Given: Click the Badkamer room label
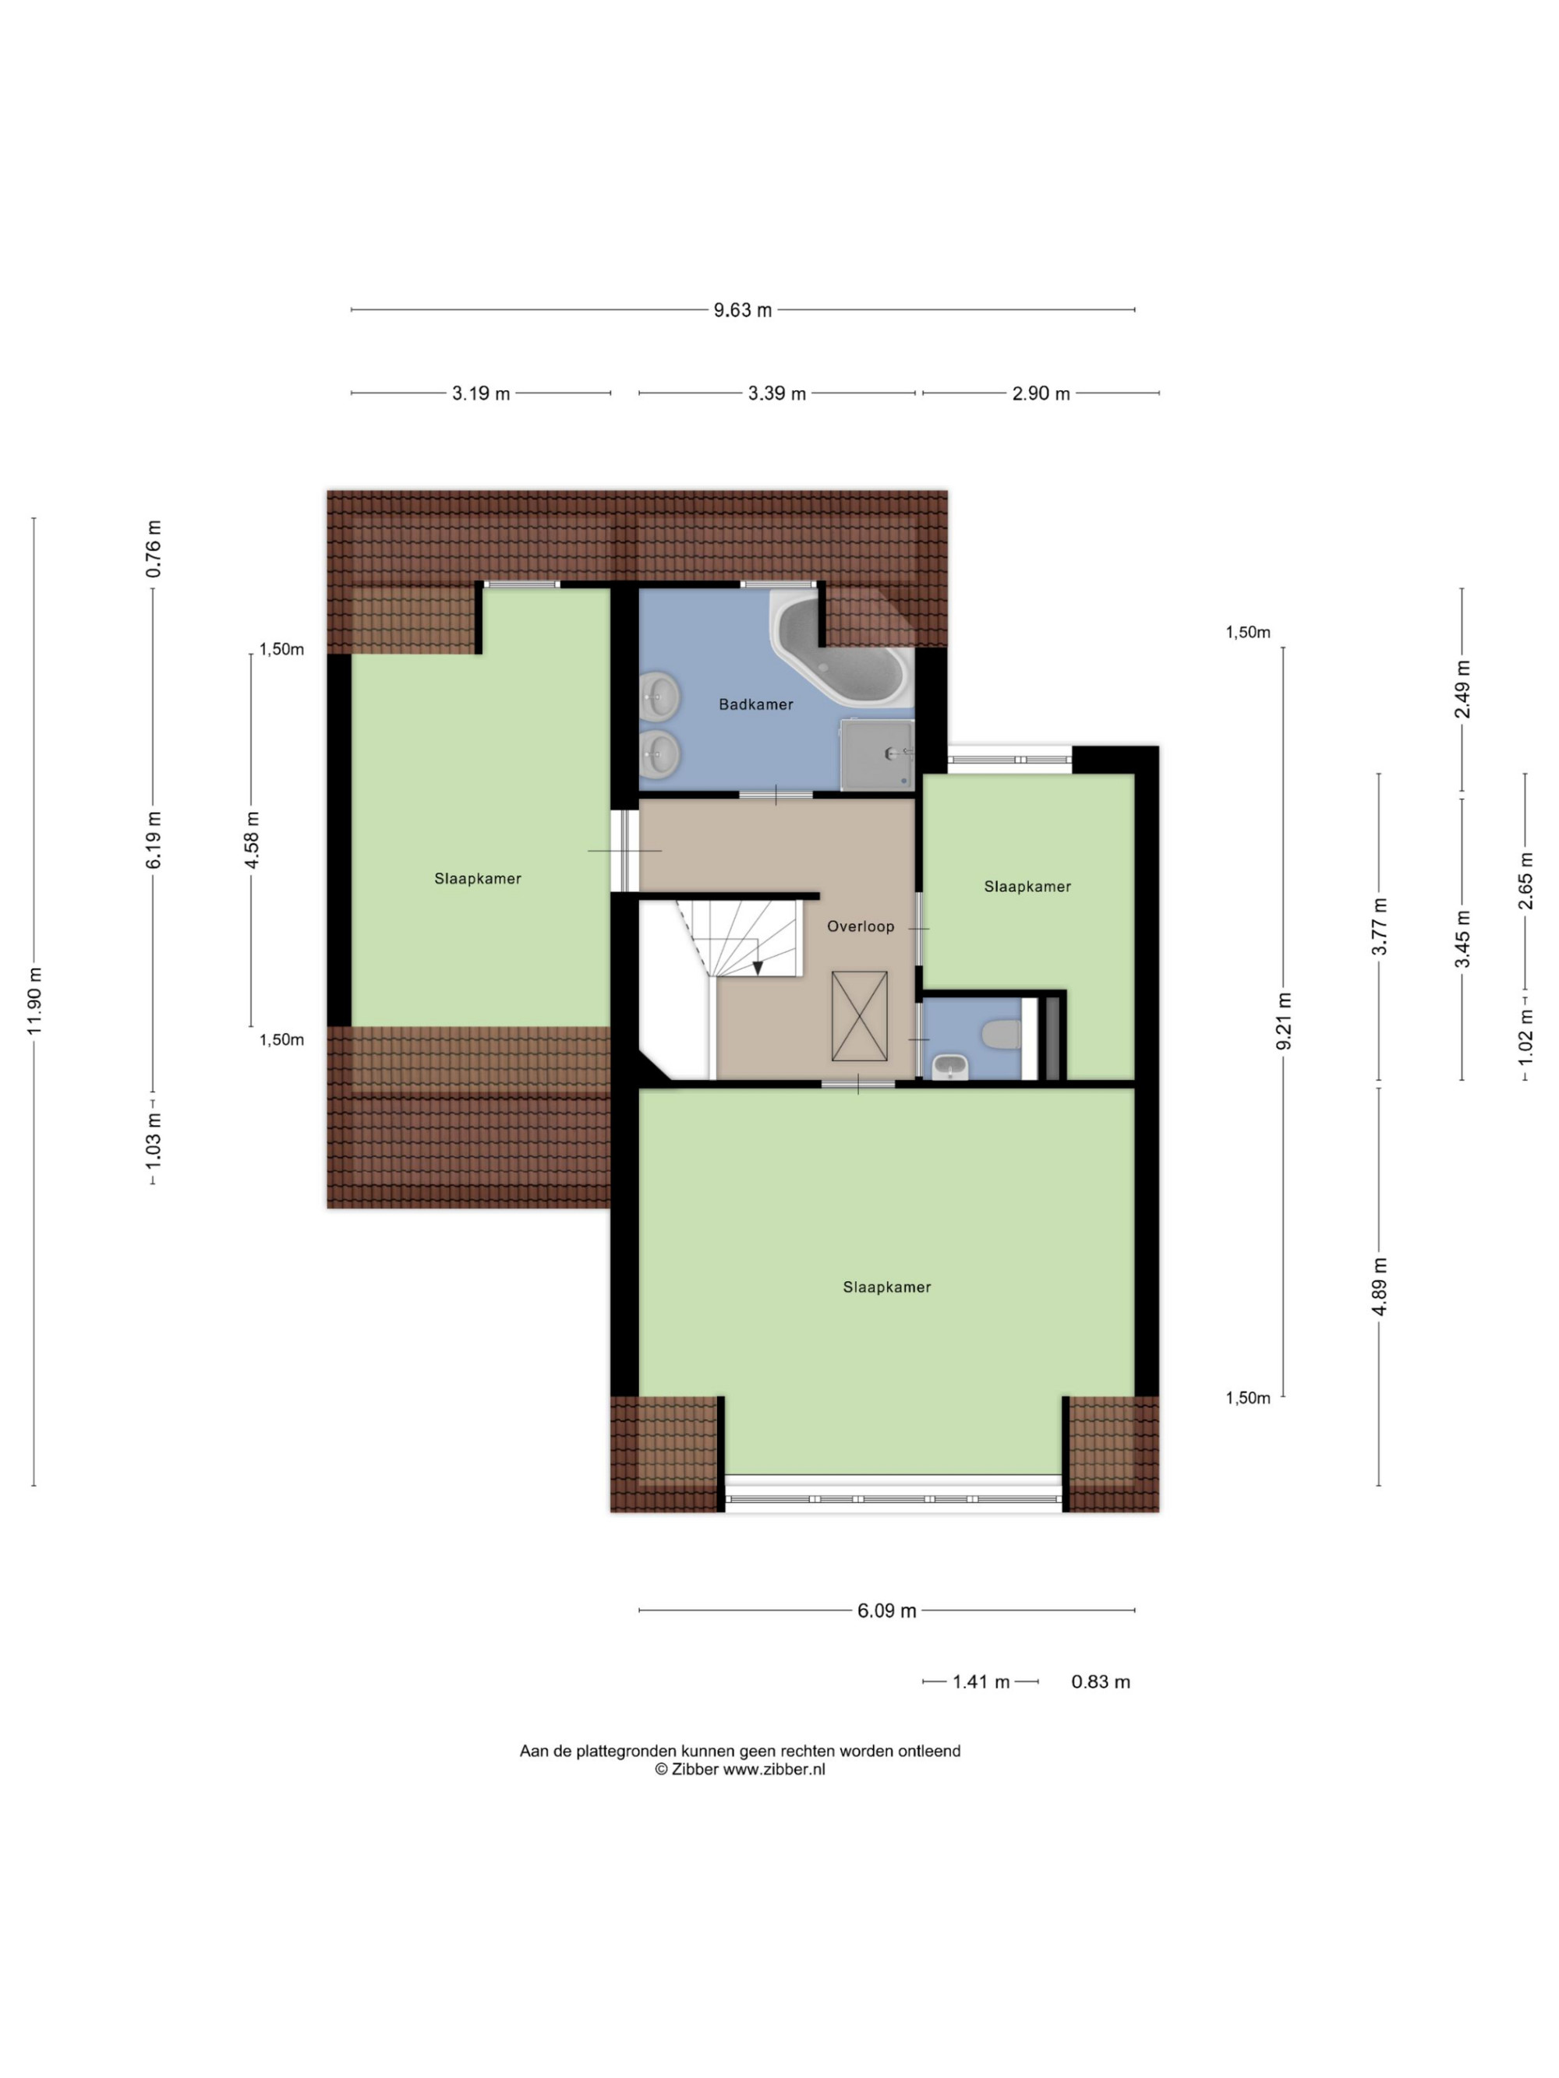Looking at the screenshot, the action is click(755, 704).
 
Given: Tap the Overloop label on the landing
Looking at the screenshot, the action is click(860, 926).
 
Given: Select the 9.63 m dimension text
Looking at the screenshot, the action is click(742, 310).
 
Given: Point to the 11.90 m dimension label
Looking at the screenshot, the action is click(35, 1000).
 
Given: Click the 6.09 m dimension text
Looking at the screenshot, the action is click(886, 1611).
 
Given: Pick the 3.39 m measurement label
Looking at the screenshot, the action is click(776, 393).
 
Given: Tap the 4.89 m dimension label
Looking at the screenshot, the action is click(1380, 1286).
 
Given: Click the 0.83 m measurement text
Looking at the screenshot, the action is click(1101, 1681).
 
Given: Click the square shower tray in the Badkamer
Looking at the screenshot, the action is click(877, 754).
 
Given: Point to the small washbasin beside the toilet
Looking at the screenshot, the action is click(950, 1067).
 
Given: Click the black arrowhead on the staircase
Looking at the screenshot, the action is click(758, 968).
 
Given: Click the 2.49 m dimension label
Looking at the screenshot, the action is click(1462, 690).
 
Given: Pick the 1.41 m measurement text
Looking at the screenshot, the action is click(981, 1681).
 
